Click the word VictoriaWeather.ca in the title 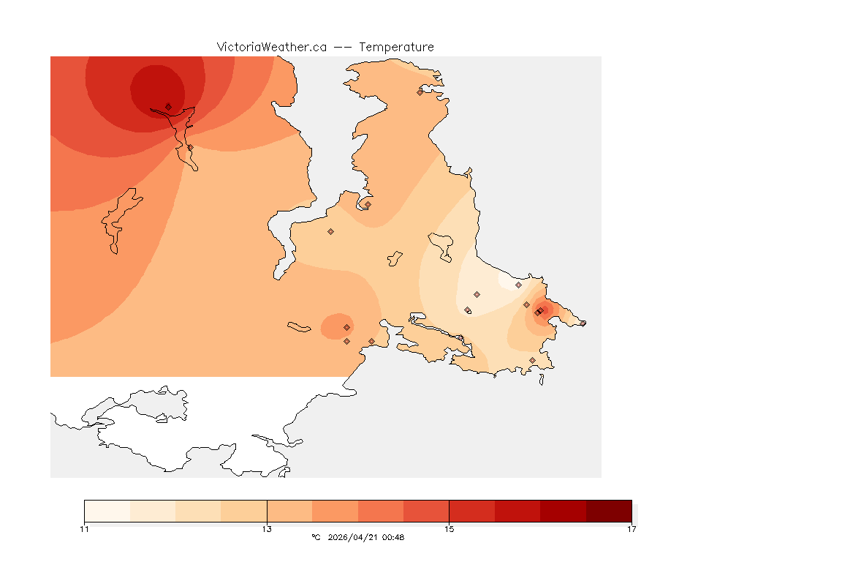pyautogui.click(x=271, y=47)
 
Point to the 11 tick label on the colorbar pyautogui.click(x=84, y=529)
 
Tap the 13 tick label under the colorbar pyautogui.click(x=267, y=529)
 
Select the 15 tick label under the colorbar pyautogui.click(x=449, y=529)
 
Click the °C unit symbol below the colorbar pyautogui.click(x=316, y=537)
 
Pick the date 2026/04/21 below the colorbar pyautogui.click(x=352, y=537)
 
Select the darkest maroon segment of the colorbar pyautogui.click(x=609, y=510)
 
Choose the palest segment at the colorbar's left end pyautogui.click(x=107, y=510)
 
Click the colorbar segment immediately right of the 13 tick pyautogui.click(x=289, y=510)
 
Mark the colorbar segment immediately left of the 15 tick pyautogui.click(x=426, y=510)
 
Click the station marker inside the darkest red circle pyautogui.click(x=168, y=106)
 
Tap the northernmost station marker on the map pyautogui.click(x=420, y=92)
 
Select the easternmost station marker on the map pyautogui.click(x=583, y=323)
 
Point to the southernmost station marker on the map pyautogui.click(x=532, y=360)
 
